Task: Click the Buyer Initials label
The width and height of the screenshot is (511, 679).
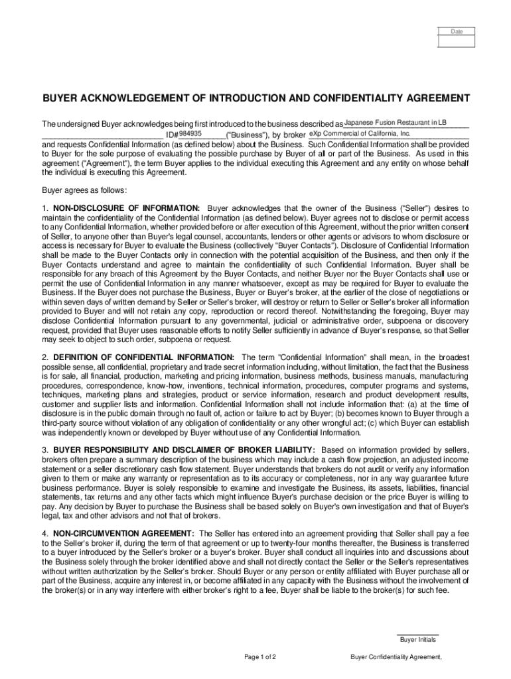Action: pos(417,640)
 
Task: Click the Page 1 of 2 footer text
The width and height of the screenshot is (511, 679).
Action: pos(260,657)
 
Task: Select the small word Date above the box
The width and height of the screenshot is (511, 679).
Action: pos(457,31)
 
